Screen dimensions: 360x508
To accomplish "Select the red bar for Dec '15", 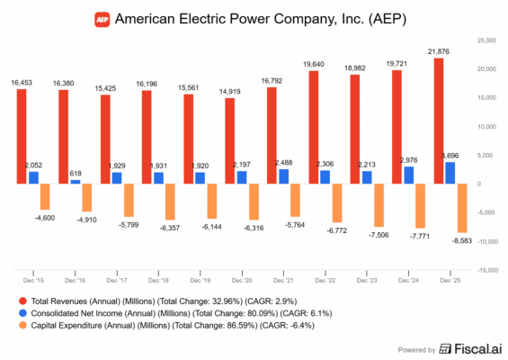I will tap(21, 137).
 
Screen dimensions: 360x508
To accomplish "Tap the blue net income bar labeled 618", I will tap(76, 182).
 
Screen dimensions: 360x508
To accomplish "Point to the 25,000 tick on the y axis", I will tap(486, 40).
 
